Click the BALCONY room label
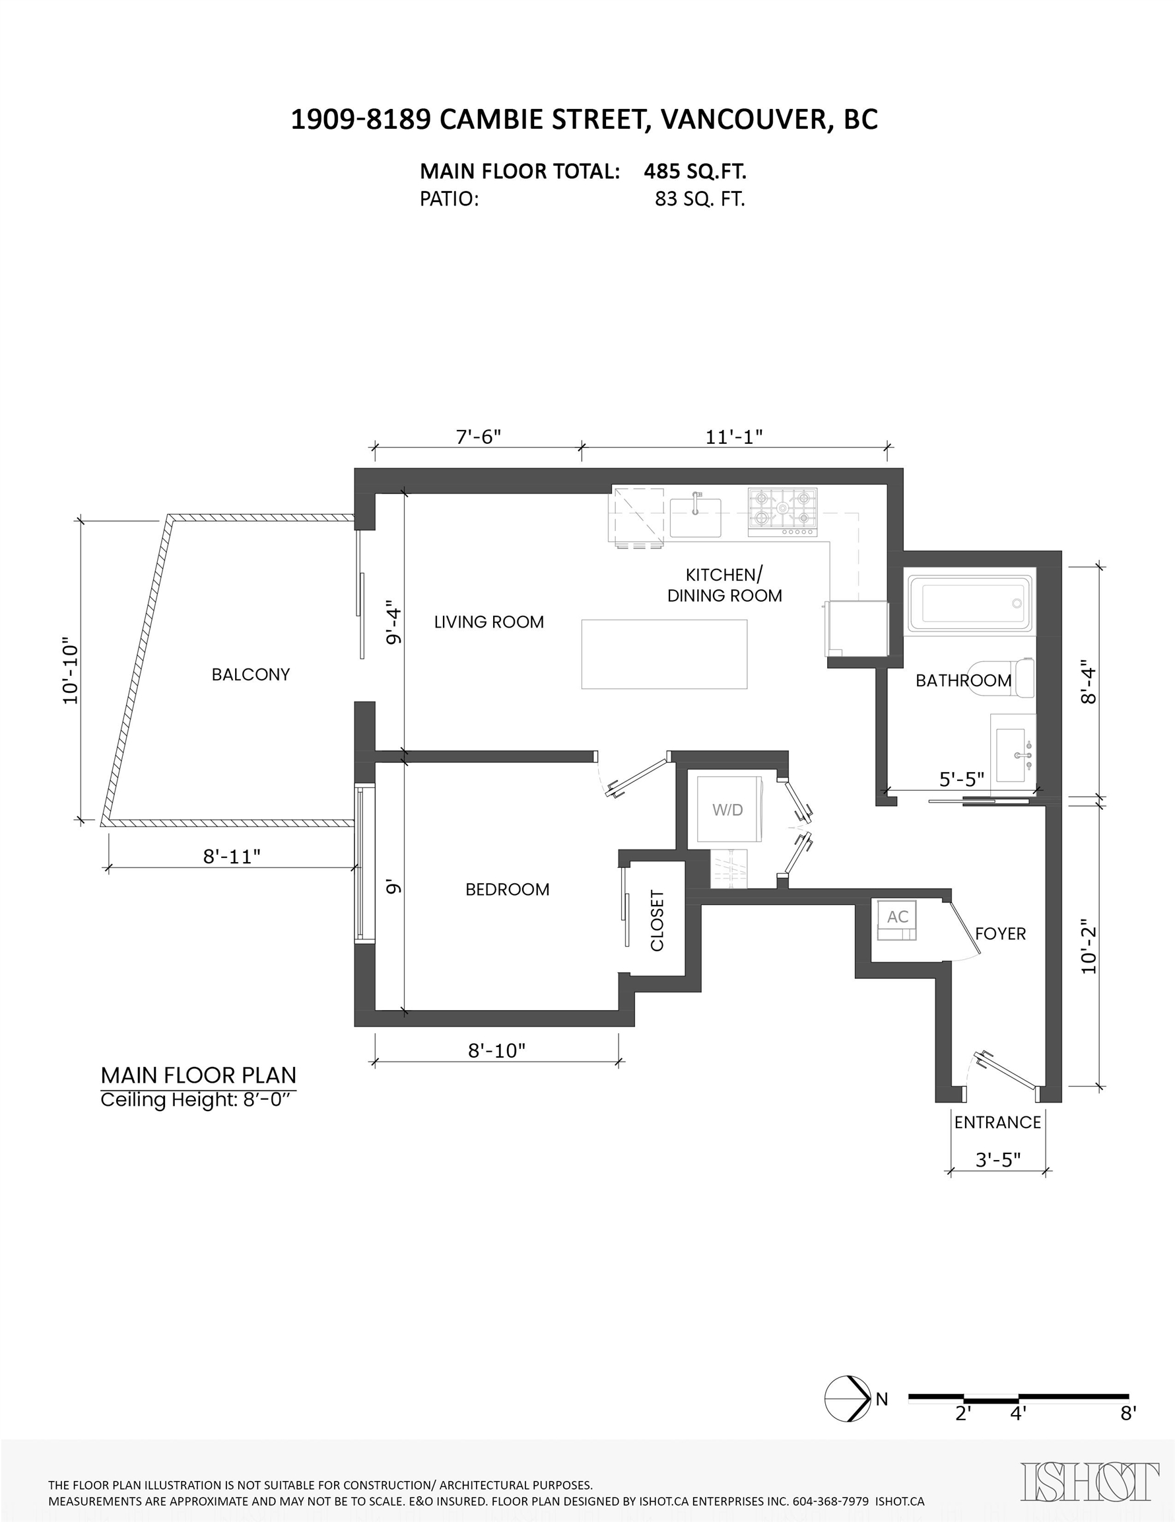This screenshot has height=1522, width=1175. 251,674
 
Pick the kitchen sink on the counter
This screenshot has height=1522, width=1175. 695,517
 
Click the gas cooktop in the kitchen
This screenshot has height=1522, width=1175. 783,512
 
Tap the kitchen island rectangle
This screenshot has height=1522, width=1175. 665,655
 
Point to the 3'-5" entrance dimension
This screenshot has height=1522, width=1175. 998,1159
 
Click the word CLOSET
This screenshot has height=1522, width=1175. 657,921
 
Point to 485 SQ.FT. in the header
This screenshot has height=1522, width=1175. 695,172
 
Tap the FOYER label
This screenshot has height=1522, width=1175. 1000,934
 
